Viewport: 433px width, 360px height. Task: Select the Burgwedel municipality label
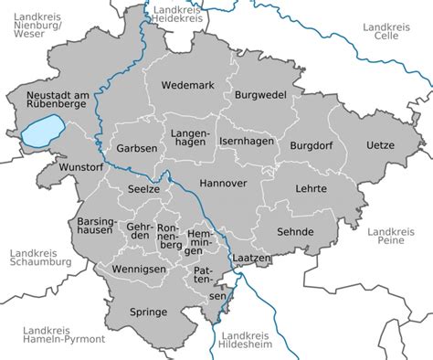260,94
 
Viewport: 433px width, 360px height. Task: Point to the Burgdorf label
313,145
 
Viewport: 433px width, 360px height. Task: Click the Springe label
148,312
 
